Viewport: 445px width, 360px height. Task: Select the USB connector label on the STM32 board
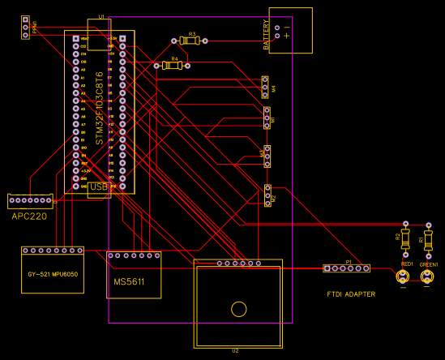[99, 187]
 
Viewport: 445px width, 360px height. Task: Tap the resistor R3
[190, 40]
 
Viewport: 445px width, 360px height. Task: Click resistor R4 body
[171, 66]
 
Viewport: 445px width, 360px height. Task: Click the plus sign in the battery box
[286, 36]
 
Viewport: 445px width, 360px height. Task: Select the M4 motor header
[265, 87]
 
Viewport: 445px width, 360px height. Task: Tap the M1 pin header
[267, 118]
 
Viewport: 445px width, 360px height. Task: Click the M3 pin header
[267, 155]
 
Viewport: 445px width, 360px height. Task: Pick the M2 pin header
[267, 195]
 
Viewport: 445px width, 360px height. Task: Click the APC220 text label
[29, 216]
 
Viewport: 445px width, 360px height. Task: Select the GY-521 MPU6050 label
[52, 275]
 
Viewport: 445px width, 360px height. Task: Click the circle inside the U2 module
[238, 308]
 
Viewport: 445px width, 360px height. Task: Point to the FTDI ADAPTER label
[351, 294]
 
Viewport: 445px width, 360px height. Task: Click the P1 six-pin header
[347, 268]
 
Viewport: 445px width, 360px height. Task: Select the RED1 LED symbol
[403, 277]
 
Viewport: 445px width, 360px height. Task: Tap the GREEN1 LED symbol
[427, 277]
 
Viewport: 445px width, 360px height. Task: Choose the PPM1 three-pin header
[26, 28]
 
